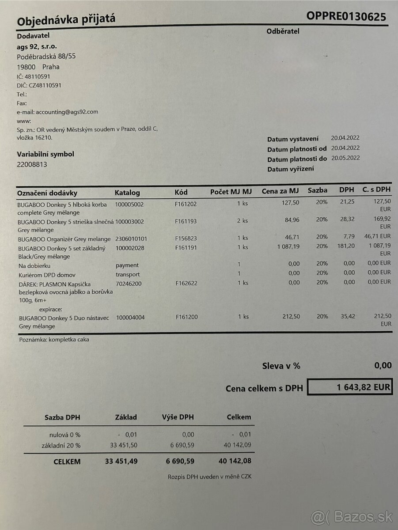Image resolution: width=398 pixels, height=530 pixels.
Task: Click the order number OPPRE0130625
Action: coord(346,17)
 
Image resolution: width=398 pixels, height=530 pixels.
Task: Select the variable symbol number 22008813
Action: coord(32,164)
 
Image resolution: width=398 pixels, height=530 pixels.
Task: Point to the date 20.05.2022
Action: coord(345,158)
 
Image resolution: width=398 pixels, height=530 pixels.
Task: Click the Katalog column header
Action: coord(127,193)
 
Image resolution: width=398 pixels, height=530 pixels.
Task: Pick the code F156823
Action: coord(186,238)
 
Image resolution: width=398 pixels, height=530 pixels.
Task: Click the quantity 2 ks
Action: coord(243,220)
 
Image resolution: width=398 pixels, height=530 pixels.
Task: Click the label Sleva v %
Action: coord(281,365)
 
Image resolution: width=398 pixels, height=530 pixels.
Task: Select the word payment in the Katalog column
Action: coord(127,265)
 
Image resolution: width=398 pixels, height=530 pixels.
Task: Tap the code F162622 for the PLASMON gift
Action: coord(186,283)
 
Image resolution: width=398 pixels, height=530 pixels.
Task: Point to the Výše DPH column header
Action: coord(178,417)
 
